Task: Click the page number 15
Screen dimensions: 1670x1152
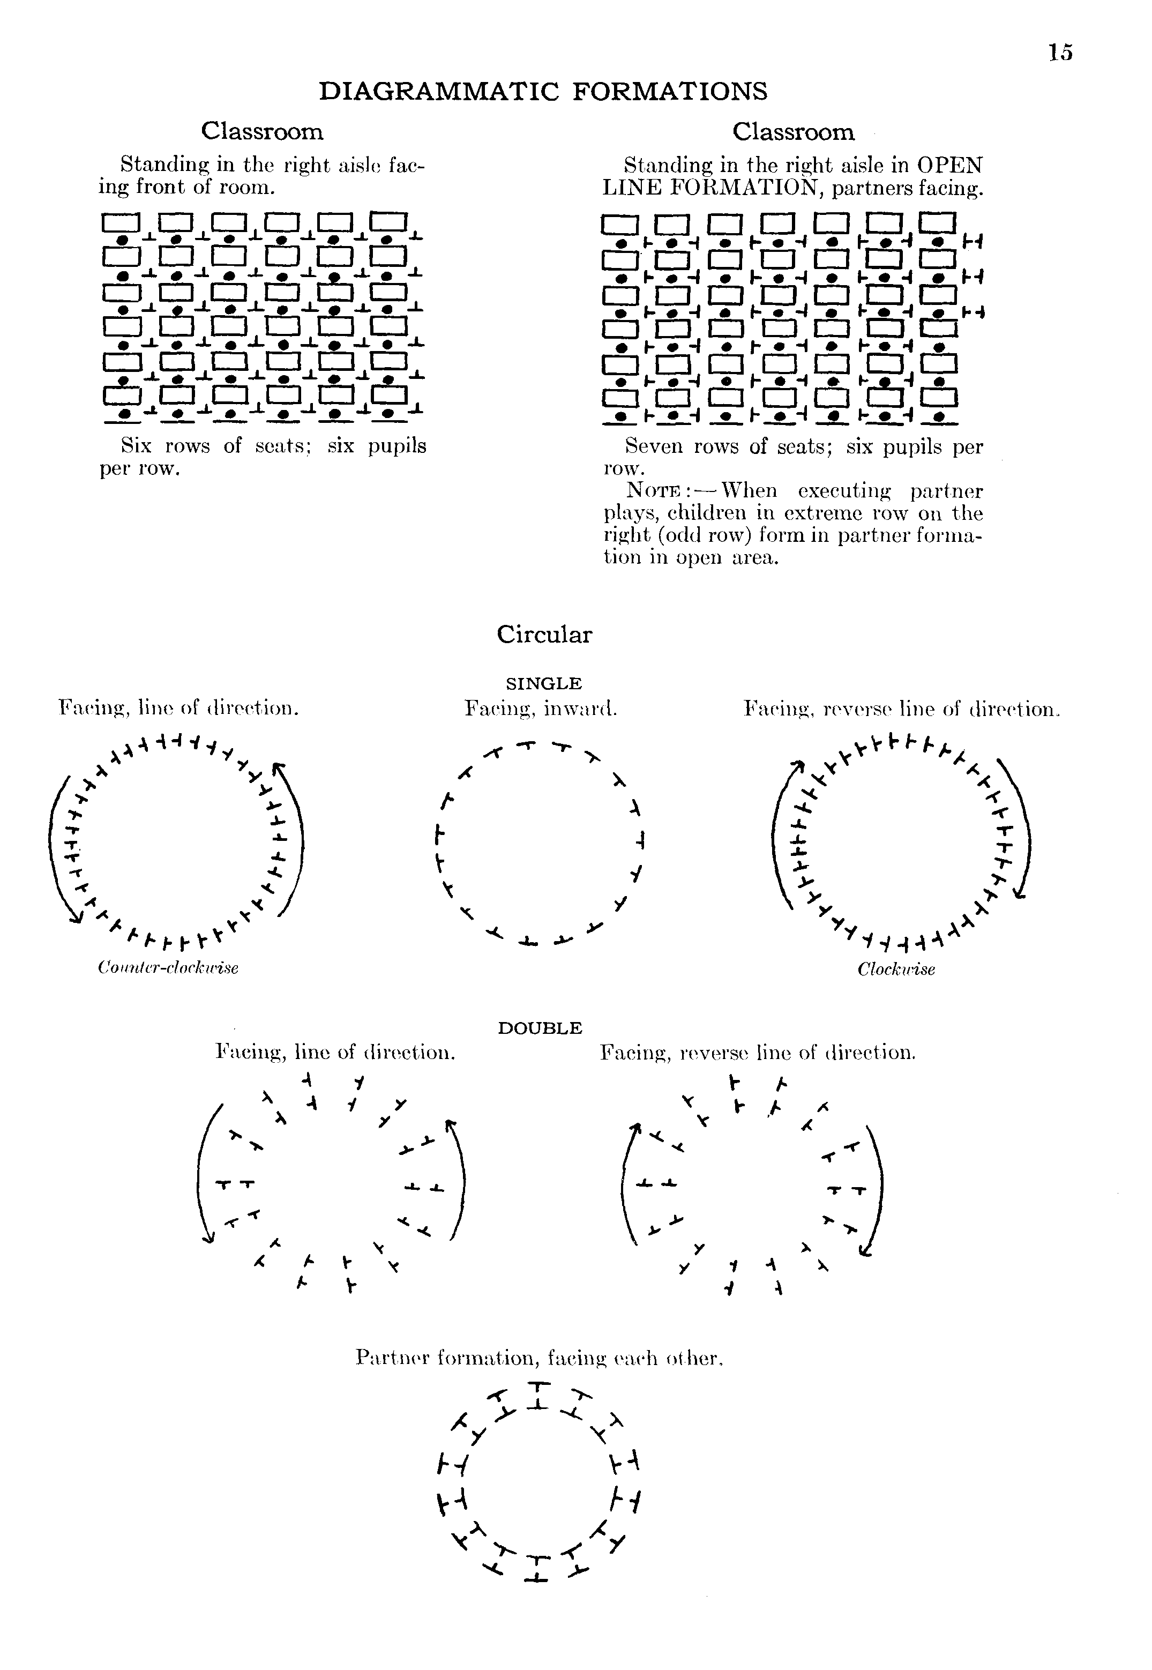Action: (x=1060, y=53)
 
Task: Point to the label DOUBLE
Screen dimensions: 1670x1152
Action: (x=540, y=1028)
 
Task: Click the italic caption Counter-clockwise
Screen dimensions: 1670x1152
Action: (x=168, y=967)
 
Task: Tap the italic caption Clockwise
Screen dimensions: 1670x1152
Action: (x=896, y=970)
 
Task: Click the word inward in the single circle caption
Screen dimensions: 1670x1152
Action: (x=580, y=709)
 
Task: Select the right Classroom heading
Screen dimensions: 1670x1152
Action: (x=793, y=132)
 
